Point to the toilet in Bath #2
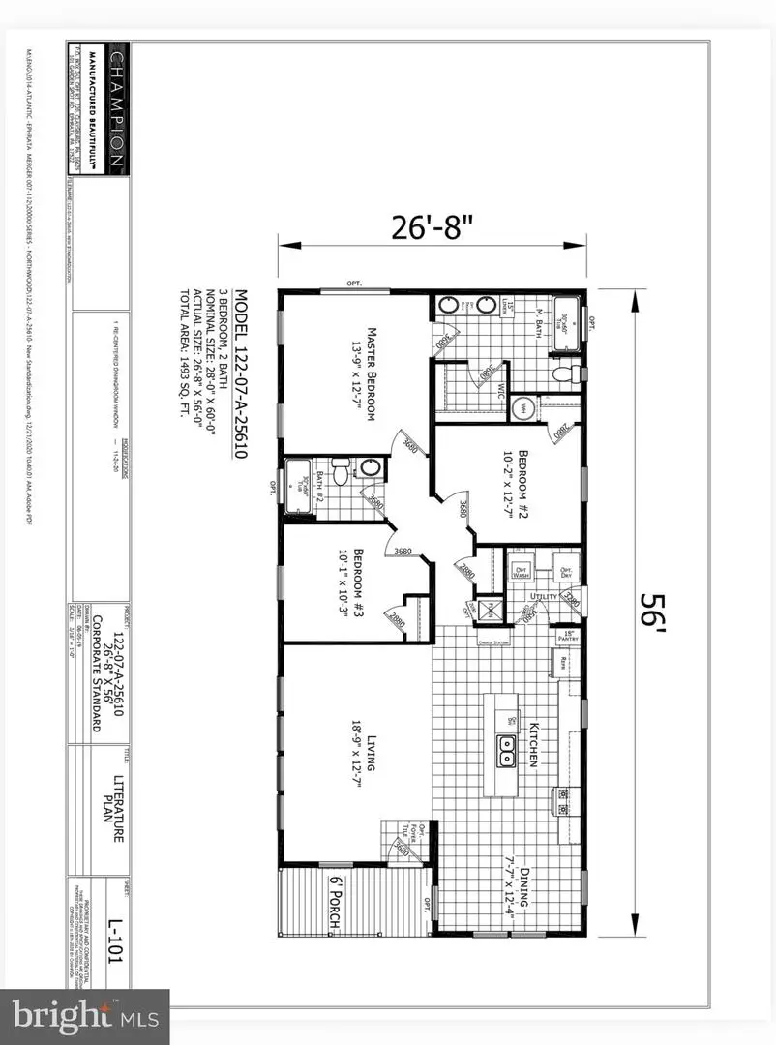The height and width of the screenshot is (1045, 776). pos(341,473)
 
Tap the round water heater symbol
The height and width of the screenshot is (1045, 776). pos(522,407)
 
